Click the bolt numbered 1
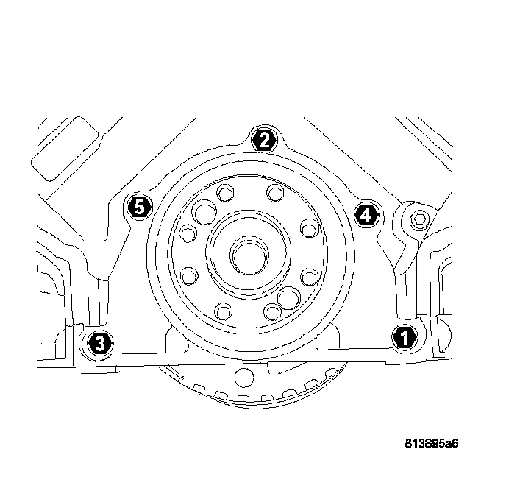[403, 337]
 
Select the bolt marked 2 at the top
[263, 139]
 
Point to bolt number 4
[366, 214]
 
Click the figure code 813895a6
[436, 444]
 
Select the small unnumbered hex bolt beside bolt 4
[418, 219]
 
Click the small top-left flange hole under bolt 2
[224, 194]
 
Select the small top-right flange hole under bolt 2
[275, 194]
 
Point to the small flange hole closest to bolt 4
[308, 229]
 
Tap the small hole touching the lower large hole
[273, 311]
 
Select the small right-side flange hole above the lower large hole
[309, 276]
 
